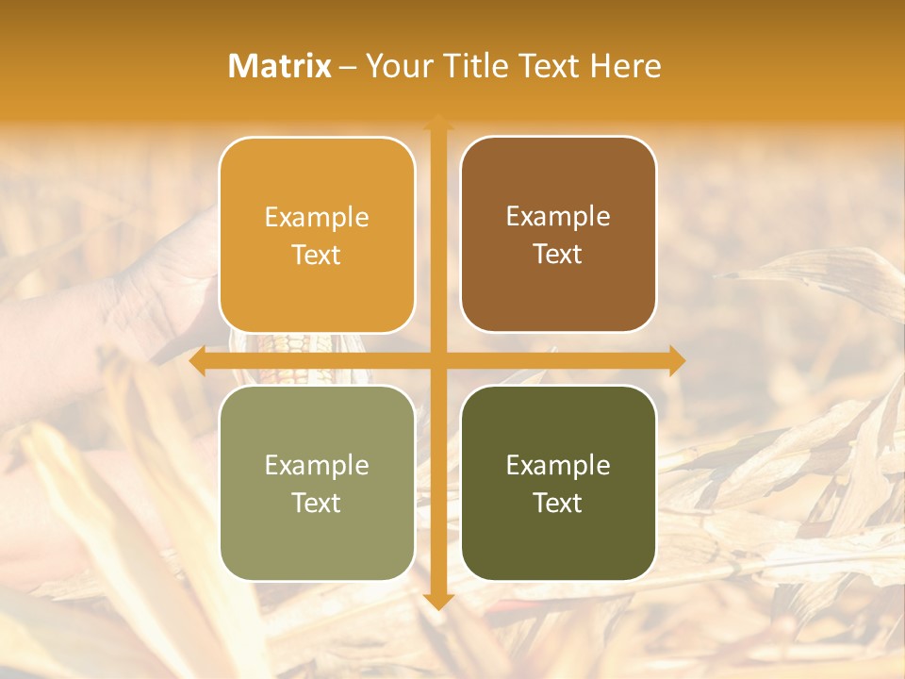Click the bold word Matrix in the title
click(x=280, y=66)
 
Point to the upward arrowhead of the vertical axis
click(x=437, y=122)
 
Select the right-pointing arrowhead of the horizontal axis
click(x=676, y=361)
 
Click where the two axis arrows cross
click(x=437, y=361)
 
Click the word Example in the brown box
click(x=558, y=217)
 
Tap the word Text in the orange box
click(x=317, y=256)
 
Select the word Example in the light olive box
click(x=317, y=465)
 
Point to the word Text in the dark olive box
click(x=558, y=503)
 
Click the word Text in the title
click(x=547, y=66)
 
